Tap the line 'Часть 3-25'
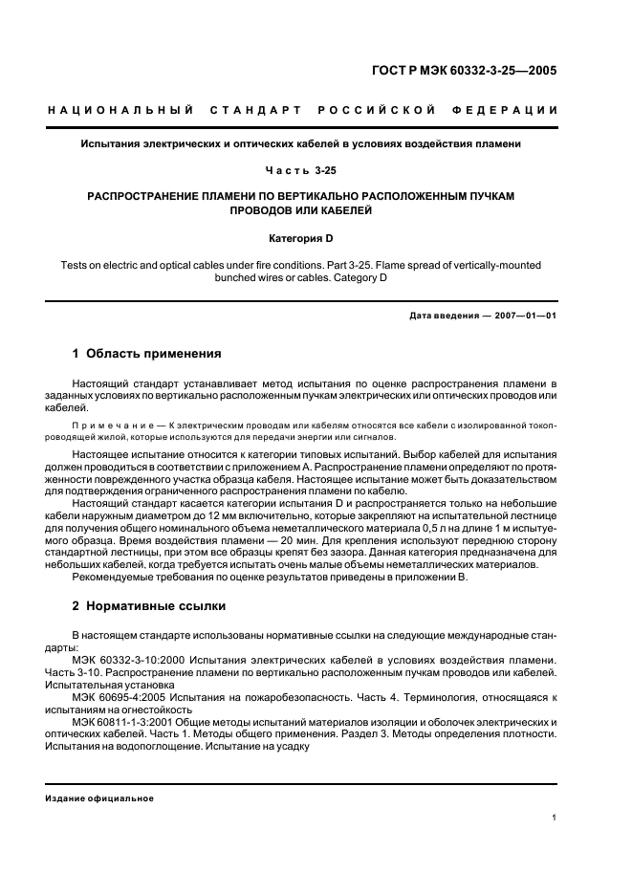[316, 170]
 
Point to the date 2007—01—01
[522, 314]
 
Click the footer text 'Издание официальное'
[99, 798]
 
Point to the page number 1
[555, 818]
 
